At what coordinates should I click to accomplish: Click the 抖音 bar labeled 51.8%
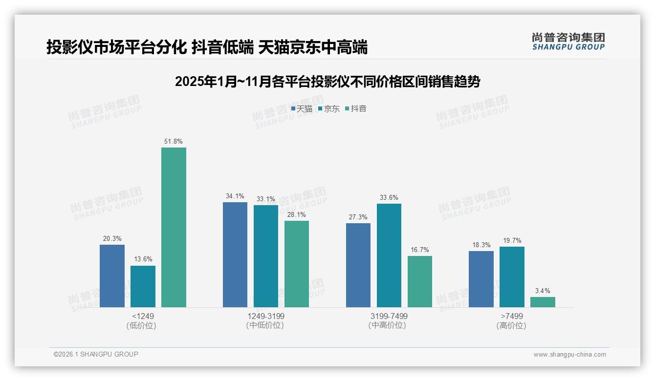(174, 227)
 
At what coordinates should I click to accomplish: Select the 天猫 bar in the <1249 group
(112, 276)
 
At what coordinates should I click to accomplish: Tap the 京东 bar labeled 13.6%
(143, 286)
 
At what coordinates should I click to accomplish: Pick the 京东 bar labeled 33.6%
(389, 255)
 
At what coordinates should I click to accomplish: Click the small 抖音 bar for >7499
(543, 302)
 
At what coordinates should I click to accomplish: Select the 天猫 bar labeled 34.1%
(235, 254)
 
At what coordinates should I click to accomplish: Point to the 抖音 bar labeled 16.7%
(420, 281)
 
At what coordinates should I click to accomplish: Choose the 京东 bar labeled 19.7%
(512, 277)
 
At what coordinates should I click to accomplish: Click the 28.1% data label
(297, 214)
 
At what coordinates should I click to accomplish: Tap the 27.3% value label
(358, 217)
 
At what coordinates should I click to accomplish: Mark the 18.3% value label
(481, 245)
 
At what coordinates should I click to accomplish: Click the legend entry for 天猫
(302, 109)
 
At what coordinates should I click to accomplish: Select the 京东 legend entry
(328, 109)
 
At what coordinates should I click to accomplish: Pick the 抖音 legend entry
(356, 109)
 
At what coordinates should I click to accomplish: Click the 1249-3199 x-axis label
(265, 316)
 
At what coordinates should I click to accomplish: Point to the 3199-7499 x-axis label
(389, 316)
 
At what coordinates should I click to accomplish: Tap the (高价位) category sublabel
(511, 326)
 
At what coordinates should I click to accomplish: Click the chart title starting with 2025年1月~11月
(327, 82)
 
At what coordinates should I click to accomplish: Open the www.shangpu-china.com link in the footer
(569, 355)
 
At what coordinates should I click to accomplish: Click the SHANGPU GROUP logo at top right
(568, 42)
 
